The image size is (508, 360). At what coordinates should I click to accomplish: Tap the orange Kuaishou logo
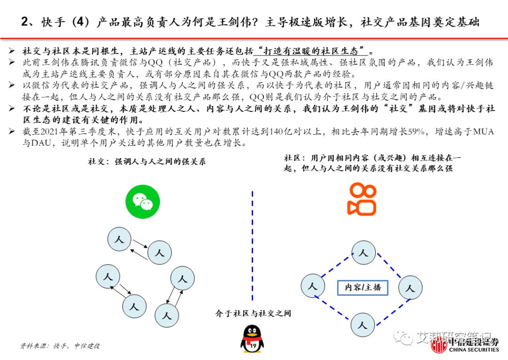[x=362, y=200]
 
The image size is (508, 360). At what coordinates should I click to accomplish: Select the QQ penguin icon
[x=252, y=339]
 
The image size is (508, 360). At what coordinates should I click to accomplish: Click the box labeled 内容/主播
[x=363, y=287]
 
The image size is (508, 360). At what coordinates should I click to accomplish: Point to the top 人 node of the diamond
[x=363, y=253]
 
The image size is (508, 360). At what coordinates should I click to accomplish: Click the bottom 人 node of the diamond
[x=362, y=324]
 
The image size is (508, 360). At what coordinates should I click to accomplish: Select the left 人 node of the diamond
[x=313, y=285]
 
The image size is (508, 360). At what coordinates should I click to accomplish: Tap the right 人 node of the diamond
[x=411, y=288]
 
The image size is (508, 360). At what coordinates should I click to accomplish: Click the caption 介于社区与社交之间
[x=253, y=313]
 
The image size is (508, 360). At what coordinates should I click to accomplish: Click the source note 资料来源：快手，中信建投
[x=60, y=346]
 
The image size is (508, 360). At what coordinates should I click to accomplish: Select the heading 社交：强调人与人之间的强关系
[x=147, y=162]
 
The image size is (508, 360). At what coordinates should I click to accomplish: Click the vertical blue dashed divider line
[x=252, y=244]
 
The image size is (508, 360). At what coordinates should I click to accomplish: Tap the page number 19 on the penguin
[x=253, y=346]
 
